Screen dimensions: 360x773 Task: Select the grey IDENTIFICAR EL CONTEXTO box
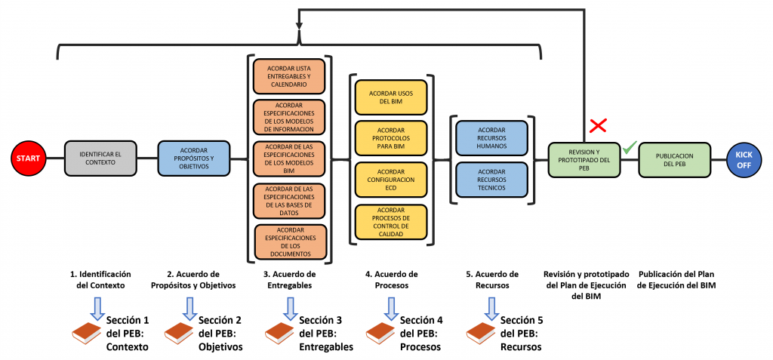(100, 158)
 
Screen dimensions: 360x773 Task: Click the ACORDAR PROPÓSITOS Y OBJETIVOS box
(193, 158)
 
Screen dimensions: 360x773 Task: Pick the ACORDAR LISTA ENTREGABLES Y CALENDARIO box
(290, 75)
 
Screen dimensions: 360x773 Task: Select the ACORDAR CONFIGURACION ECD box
(391, 180)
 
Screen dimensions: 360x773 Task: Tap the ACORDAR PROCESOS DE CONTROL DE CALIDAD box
(391, 223)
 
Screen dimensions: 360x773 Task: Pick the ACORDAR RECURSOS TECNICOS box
(491, 181)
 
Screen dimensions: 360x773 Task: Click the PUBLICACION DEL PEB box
(675, 159)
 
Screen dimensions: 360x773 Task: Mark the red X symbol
(599, 125)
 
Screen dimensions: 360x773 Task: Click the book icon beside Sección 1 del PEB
(87, 332)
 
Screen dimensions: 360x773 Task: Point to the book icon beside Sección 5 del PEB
(481, 332)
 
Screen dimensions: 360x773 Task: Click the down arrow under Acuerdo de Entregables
(290, 307)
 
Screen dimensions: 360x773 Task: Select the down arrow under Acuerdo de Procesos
(390, 307)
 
